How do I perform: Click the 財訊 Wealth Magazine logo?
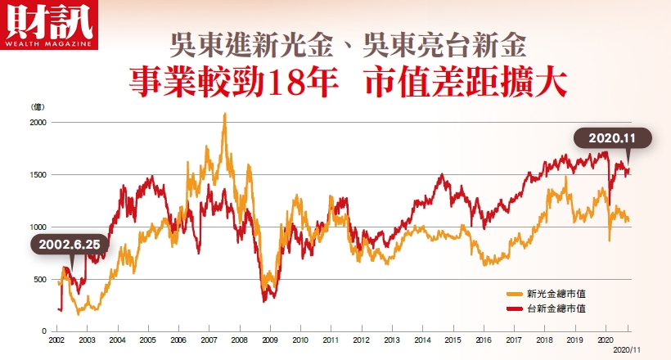pos(48,25)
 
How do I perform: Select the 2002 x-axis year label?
pos(57,339)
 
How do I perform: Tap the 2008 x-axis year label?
pos(239,339)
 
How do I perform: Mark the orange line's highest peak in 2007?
pos(224,115)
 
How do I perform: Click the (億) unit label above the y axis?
pos(38,106)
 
